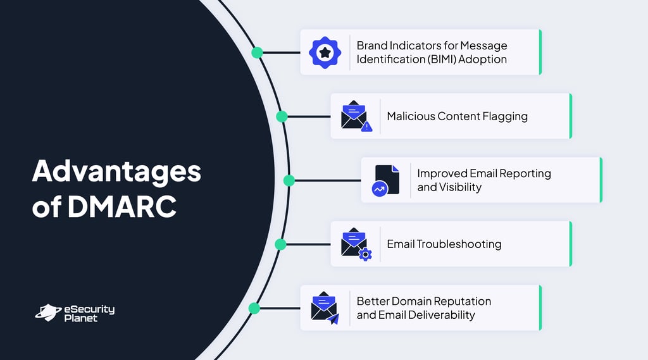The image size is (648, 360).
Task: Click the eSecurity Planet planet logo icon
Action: [x=47, y=312]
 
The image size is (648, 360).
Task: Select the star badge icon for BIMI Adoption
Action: [x=325, y=53]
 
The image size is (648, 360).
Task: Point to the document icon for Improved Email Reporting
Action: [x=386, y=180]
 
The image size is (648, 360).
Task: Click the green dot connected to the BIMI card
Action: [x=257, y=53]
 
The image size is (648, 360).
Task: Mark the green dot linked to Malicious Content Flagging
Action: [x=282, y=116]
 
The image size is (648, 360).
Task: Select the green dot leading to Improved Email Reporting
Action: [x=289, y=180]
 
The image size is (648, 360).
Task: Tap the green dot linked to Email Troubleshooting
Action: [x=281, y=244]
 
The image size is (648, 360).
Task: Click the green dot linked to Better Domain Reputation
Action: [x=254, y=308]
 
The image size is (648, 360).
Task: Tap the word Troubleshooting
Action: [x=459, y=244]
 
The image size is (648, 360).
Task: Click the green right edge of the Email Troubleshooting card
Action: [x=570, y=244]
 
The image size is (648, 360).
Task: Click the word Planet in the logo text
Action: [x=81, y=318]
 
